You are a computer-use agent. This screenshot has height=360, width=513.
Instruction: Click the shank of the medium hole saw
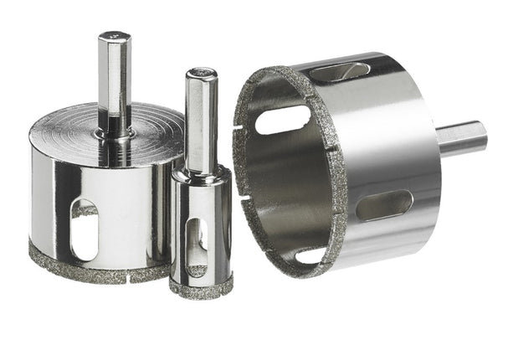point(114,80)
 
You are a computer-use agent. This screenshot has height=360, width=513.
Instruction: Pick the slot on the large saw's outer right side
point(384,204)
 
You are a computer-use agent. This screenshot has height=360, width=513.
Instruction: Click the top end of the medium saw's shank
point(113,37)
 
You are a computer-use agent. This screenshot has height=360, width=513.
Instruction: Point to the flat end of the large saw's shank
point(484,136)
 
